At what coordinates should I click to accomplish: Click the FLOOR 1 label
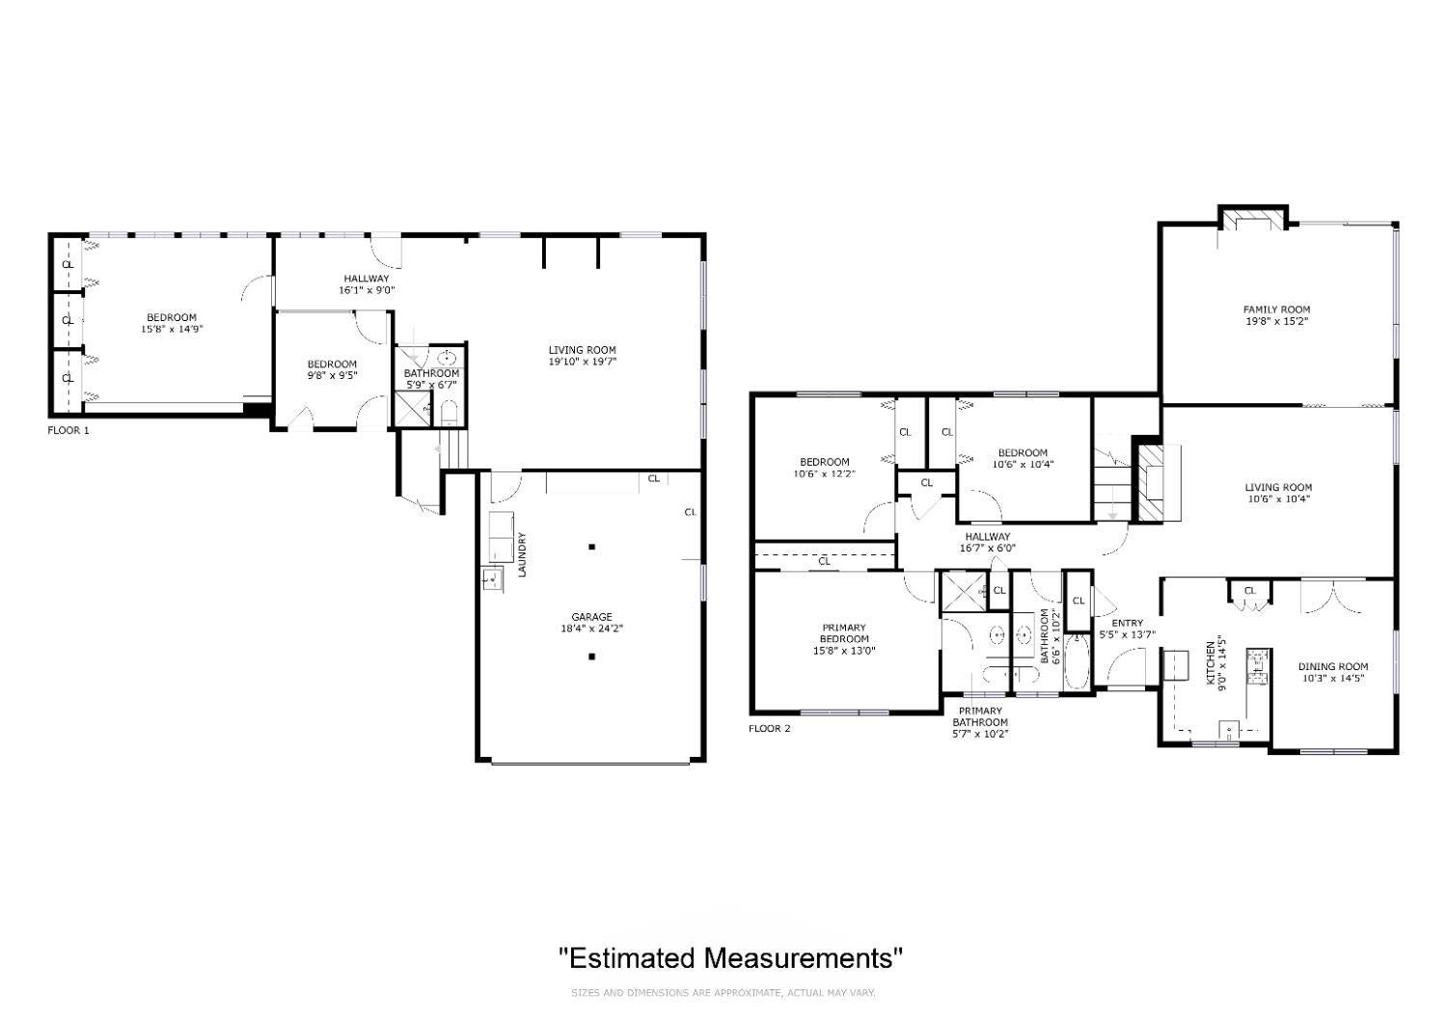click(x=68, y=431)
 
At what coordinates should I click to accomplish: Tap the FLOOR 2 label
click(x=770, y=729)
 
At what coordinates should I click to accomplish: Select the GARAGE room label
click(x=591, y=617)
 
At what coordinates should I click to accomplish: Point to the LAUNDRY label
click(x=523, y=554)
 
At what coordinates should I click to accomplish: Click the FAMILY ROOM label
click(x=1277, y=309)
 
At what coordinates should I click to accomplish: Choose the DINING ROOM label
click(x=1333, y=667)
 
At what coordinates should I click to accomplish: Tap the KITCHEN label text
click(x=1211, y=662)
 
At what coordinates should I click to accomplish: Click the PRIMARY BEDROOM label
click(x=844, y=633)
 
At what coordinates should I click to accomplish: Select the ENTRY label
click(x=1128, y=624)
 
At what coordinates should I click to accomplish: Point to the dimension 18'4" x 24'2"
click(x=591, y=629)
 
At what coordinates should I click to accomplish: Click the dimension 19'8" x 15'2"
click(x=1277, y=321)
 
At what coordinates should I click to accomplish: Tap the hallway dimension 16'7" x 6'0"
click(x=988, y=549)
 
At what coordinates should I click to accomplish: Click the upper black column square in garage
click(x=591, y=548)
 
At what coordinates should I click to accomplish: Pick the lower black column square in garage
click(x=591, y=658)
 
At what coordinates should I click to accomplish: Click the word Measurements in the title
click(x=803, y=958)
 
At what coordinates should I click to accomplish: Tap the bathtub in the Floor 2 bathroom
click(x=1077, y=662)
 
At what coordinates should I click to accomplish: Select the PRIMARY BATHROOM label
click(x=980, y=717)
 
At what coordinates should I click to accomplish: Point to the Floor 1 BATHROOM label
click(x=431, y=374)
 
